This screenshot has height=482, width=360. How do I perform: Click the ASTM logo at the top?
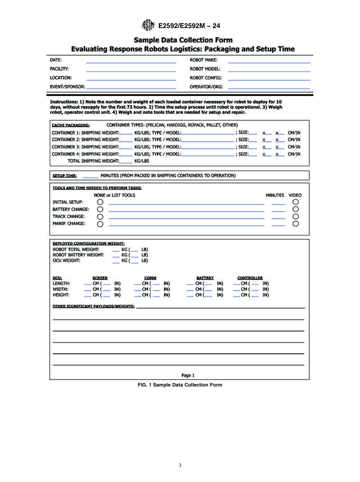pyautogui.click(x=148, y=26)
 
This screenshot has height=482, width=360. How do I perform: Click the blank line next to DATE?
pyautogui.click(x=131, y=62)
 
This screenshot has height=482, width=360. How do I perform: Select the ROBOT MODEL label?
pyautogui.click(x=205, y=69)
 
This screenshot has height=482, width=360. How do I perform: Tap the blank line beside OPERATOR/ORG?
pyautogui.click(x=269, y=88)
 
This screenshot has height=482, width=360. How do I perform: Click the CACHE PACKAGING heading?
pyautogui.click(x=70, y=125)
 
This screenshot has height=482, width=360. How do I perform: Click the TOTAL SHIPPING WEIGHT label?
pyautogui.click(x=93, y=161)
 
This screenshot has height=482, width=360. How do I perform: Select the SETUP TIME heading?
pyautogui.click(x=64, y=176)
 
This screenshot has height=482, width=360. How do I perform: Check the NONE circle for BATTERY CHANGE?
pyautogui.click(x=100, y=209)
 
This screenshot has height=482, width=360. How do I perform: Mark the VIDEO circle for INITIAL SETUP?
pyautogui.click(x=296, y=202)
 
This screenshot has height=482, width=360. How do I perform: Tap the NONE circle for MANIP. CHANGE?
pyautogui.click(x=100, y=224)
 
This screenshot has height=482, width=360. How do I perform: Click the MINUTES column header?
pyautogui.click(x=275, y=195)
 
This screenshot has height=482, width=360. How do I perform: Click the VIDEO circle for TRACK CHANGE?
pyautogui.click(x=296, y=216)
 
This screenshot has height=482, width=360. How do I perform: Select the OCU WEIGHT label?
pyautogui.click(x=66, y=261)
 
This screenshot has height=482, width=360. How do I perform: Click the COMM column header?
pyautogui.click(x=150, y=278)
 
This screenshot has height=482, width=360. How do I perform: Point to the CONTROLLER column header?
pyautogui.click(x=250, y=278)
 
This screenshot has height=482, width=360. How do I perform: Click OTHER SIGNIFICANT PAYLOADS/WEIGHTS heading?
pyautogui.click(x=93, y=306)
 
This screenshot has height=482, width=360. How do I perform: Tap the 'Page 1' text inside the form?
pyautogui.click(x=188, y=376)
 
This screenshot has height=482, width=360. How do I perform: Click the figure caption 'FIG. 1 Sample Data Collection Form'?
pyautogui.click(x=180, y=385)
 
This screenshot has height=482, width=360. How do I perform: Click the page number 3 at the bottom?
pyautogui.click(x=180, y=465)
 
